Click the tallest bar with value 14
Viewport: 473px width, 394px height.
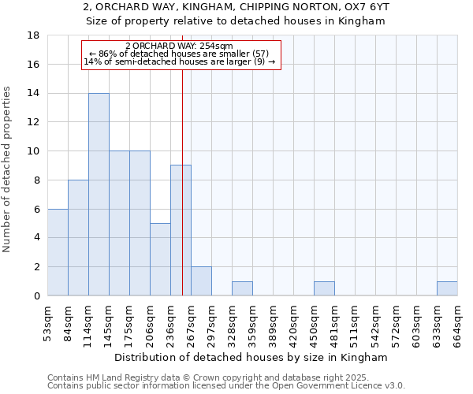pyautogui.click(x=99, y=194)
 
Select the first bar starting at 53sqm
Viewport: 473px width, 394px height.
pyautogui.click(x=58, y=252)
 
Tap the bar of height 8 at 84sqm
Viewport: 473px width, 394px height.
pyautogui.click(x=78, y=237)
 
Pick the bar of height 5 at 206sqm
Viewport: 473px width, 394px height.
pyautogui.click(x=160, y=259)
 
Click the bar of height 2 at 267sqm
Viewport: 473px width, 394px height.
pyautogui.click(x=201, y=281)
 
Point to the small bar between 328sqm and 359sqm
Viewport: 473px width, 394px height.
pyautogui.click(x=242, y=288)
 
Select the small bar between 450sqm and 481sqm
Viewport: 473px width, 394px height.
pyautogui.click(x=324, y=288)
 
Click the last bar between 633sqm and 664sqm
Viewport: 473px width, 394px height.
pyautogui.click(x=447, y=288)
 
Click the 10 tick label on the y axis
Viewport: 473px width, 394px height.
pyautogui.click(x=33, y=151)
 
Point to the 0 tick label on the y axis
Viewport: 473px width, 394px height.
pyautogui.click(x=36, y=295)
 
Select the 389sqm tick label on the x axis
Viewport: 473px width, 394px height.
pyautogui.click(x=273, y=324)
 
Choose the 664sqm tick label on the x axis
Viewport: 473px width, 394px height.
pyautogui.click(x=457, y=324)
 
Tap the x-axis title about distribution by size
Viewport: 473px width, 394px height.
pyautogui.click(x=251, y=357)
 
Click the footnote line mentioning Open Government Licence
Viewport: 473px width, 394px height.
pyautogui.click(x=226, y=386)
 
